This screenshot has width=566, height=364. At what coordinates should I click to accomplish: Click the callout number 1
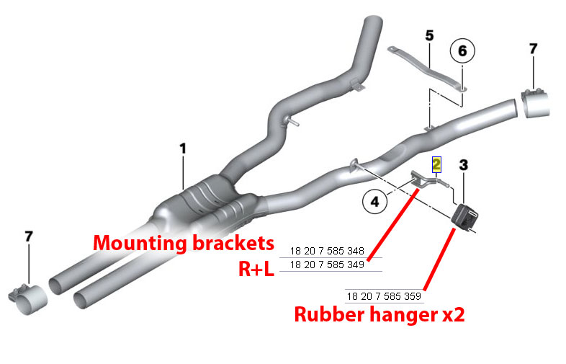183,148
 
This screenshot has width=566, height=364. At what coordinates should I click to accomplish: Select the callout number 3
463,165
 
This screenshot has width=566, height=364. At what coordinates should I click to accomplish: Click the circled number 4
374,202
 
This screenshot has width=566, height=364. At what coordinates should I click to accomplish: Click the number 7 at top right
533,49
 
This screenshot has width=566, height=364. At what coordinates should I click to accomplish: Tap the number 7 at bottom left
30,237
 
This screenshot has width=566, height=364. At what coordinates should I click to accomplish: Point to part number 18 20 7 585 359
384,296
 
